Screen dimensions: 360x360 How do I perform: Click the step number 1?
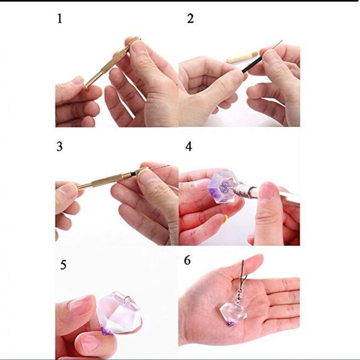click(x=60, y=19)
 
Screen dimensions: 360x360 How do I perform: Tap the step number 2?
click(x=190, y=19)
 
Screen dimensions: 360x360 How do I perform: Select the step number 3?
click(x=59, y=147)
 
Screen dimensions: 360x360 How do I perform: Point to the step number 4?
click(x=189, y=147)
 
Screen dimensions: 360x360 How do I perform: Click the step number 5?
click(x=63, y=265)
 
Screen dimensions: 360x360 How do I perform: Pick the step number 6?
click(x=187, y=260)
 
